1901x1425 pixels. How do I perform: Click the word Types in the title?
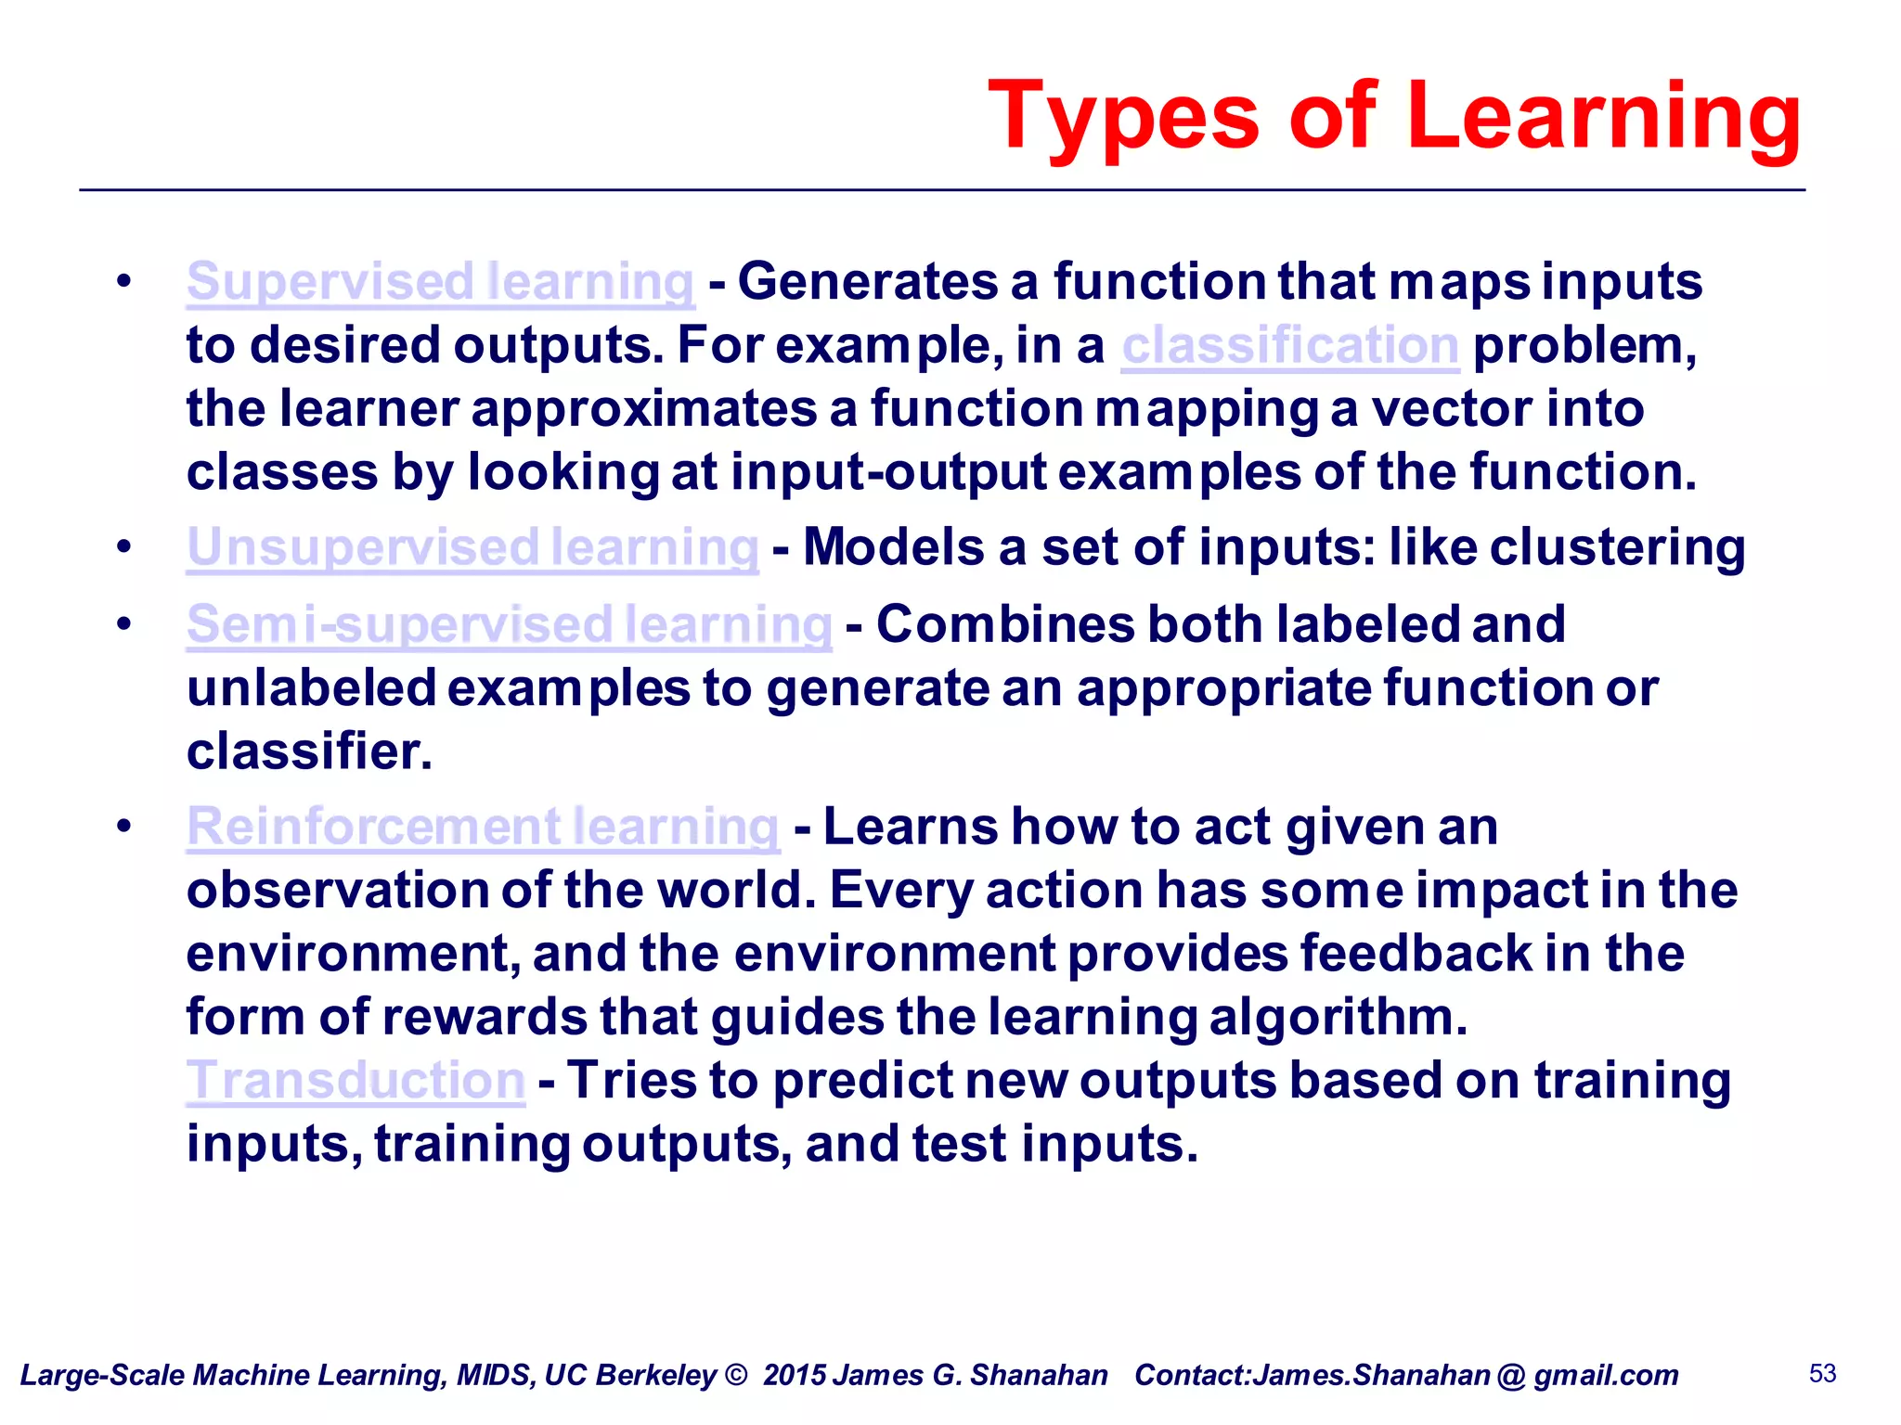coord(1124,119)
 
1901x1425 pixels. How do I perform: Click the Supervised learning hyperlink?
coord(440,282)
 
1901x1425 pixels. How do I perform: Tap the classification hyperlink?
coord(1289,346)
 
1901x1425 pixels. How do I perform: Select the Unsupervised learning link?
coord(472,547)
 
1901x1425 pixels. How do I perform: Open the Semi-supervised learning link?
coord(509,624)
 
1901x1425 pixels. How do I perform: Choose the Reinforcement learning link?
coord(483,827)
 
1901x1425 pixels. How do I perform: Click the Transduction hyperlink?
coord(356,1081)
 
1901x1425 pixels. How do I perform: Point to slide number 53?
coord(1822,1373)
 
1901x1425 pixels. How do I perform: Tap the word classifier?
coord(309,751)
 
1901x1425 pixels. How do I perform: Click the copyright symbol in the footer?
coord(736,1375)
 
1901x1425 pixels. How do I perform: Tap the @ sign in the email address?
coord(1511,1375)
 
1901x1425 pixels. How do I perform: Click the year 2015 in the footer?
coord(795,1375)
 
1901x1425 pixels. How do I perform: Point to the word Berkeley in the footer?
coord(654,1375)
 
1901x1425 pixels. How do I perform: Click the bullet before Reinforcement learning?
coord(124,826)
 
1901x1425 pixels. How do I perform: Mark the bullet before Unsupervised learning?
coord(124,546)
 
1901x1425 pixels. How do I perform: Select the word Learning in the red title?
coord(1604,119)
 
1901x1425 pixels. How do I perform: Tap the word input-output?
coord(888,473)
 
